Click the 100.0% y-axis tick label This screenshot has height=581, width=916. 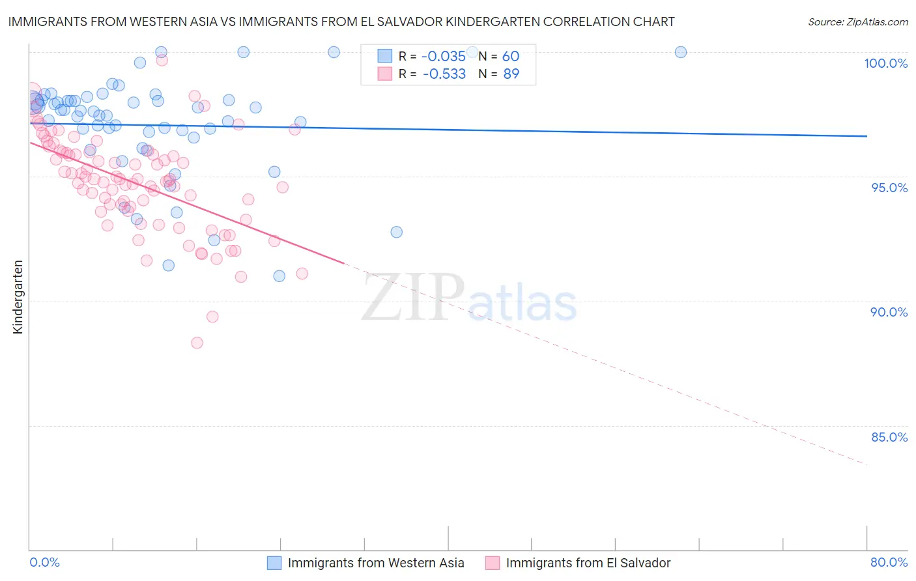click(x=885, y=63)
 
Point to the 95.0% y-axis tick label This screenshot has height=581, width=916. click(x=889, y=188)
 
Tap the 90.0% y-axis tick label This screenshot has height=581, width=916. click(x=889, y=312)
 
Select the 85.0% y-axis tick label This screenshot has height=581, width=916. click(x=889, y=437)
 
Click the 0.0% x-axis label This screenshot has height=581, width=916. click(x=44, y=562)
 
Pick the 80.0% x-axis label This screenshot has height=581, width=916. click(x=889, y=562)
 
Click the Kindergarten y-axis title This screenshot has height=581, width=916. click(x=18, y=297)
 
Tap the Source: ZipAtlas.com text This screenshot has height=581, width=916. click(x=857, y=22)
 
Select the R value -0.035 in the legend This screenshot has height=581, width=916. click(x=444, y=57)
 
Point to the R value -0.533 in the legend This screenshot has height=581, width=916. click(x=444, y=74)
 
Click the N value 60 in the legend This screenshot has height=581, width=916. click(x=511, y=57)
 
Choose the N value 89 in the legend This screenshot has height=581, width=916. click(x=511, y=74)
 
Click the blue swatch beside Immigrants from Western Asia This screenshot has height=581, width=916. click(x=274, y=563)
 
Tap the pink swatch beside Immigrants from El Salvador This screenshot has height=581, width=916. click(x=492, y=563)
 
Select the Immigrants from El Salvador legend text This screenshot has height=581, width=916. click(x=588, y=563)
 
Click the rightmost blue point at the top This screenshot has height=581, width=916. click(x=680, y=52)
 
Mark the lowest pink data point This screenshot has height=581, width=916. click(x=197, y=343)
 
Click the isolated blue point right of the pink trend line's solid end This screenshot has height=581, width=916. click(x=396, y=232)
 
